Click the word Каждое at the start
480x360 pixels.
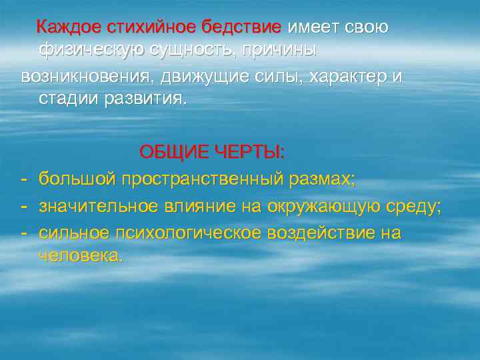pyautogui.click(x=67, y=28)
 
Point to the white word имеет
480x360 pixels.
pyautogui.click(x=313, y=28)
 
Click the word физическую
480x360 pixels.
pyautogui.click(x=93, y=51)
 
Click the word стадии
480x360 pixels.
pyautogui.click(x=69, y=99)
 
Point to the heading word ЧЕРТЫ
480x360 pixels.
pyautogui.click(x=253, y=153)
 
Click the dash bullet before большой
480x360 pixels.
pyautogui.click(x=24, y=179)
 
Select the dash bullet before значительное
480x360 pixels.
pyautogui.click(x=24, y=206)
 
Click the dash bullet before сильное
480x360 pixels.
pyautogui.click(x=24, y=233)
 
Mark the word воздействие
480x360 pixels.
pyautogui.click(x=323, y=233)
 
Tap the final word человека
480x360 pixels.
pyautogui.click(x=81, y=257)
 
